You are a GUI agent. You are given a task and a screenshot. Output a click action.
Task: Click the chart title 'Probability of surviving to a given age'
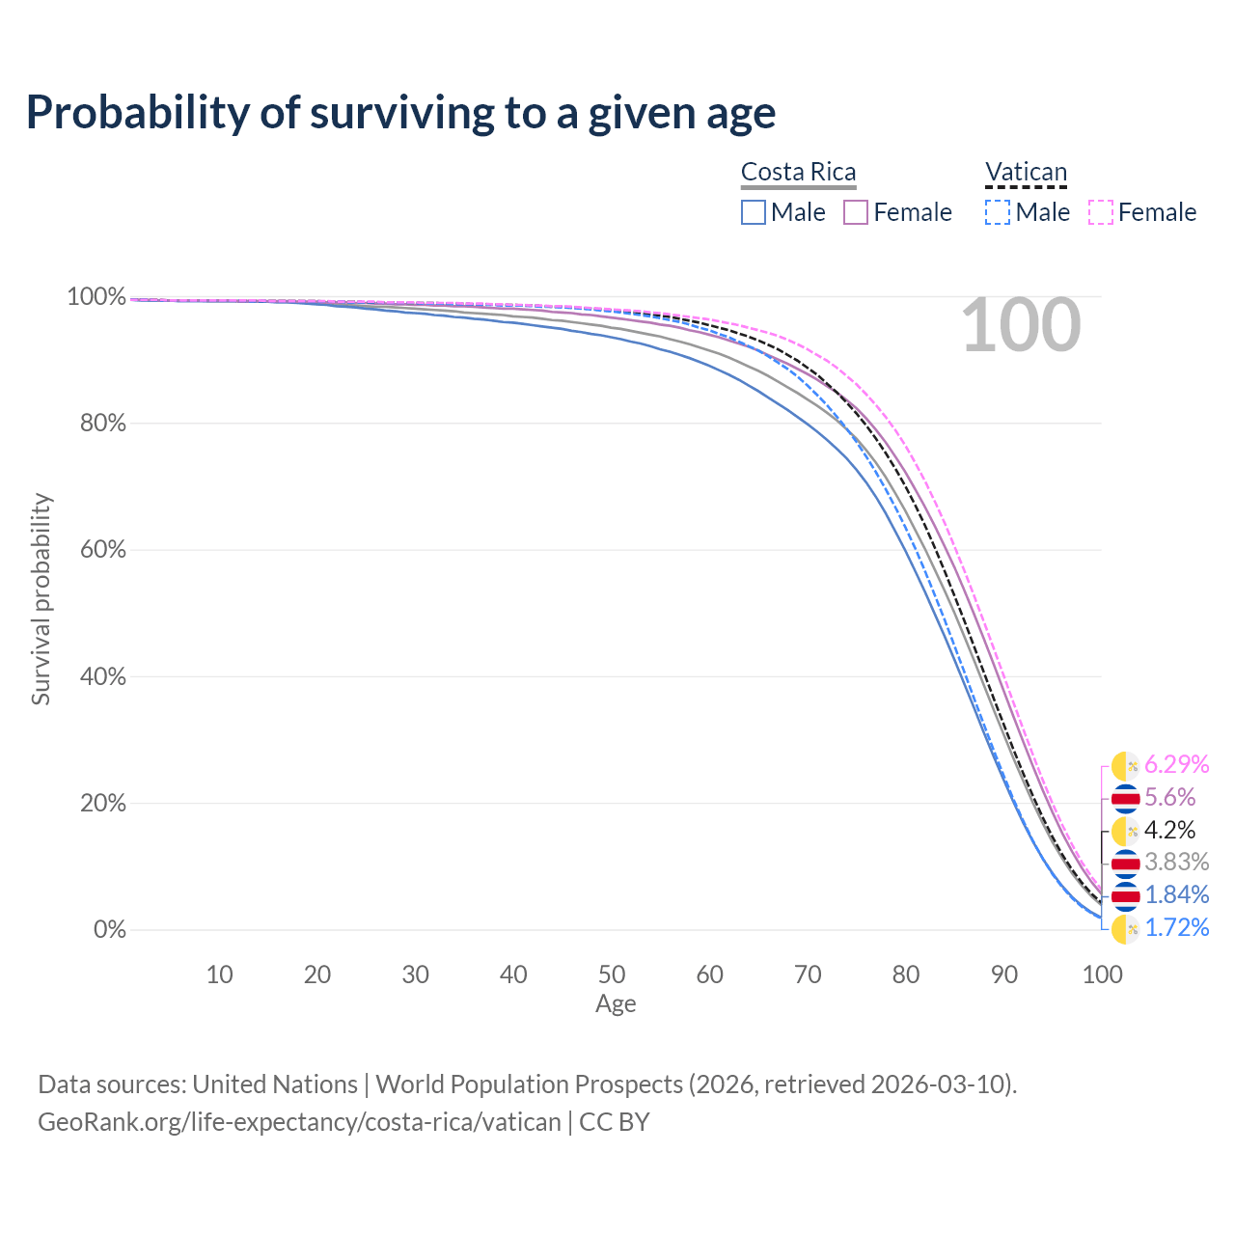(400, 113)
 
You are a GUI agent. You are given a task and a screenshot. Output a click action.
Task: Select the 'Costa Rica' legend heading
(798, 172)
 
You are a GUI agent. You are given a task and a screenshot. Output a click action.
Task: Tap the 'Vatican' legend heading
(1026, 172)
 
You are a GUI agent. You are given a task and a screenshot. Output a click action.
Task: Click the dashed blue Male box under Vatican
(998, 212)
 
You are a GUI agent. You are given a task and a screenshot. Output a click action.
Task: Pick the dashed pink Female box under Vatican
(1101, 212)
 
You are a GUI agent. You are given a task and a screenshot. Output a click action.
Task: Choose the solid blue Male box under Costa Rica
(754, 212)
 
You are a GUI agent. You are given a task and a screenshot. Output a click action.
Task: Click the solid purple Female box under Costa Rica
(856, 212)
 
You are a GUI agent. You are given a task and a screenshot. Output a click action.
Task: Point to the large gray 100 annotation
(1021, 326)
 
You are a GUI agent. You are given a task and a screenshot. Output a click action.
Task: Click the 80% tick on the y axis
(96, 423)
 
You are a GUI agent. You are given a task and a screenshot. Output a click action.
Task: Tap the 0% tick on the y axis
(109, 929)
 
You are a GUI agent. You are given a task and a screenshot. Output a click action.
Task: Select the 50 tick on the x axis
(612, 974)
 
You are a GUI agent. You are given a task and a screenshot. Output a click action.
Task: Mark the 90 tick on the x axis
(1004, 974)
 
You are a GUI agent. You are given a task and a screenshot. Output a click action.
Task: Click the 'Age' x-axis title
(616, 1003)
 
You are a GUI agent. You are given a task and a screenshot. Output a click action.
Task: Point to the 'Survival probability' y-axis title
(41, 598)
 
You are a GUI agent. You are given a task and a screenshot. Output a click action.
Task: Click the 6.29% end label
(1176, 764)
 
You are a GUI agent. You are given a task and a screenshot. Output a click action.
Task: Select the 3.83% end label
(1176, 861)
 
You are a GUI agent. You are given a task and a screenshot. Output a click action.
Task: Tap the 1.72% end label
(1176, 927)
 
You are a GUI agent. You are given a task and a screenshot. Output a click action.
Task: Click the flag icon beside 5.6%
(1125, 798)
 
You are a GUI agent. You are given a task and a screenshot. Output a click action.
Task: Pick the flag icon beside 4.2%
(1125, 831)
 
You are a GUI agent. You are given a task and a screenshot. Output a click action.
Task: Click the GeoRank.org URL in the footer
(299, 1122)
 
